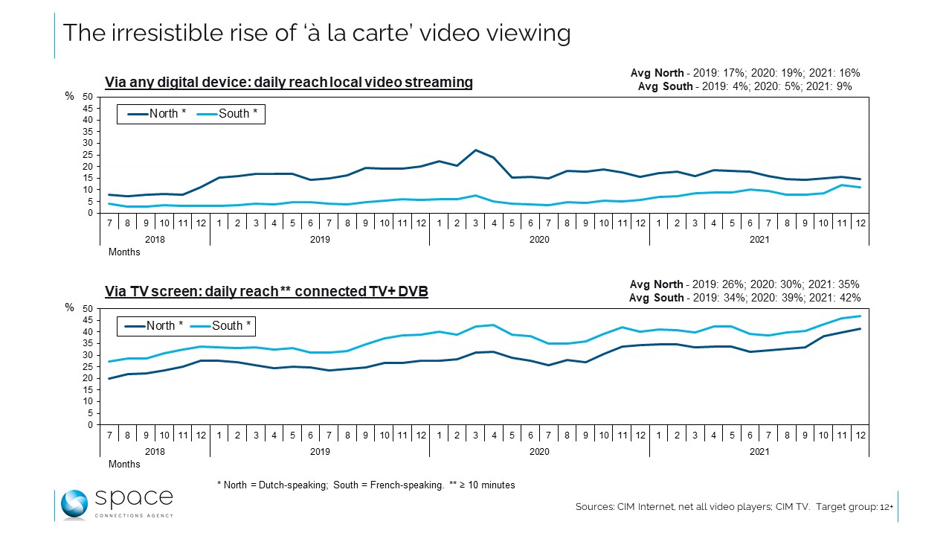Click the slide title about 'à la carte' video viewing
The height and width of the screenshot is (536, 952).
pyautogui.click(x=316, y=33)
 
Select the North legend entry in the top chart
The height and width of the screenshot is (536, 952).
pyautogui.click(x=157, y=114)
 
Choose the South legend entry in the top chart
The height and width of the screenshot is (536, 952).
pyautogui.click(x=230, y=114)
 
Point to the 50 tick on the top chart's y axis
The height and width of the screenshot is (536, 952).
pyautogui.click(x=87, y=97)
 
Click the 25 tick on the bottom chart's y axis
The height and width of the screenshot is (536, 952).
pyautogui.click(x=87, y=366)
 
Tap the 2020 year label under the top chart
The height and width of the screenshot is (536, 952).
pyautogui.click(x=538, y=239)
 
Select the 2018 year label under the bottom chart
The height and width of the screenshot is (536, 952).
pyautogui.click(x=155, y=451)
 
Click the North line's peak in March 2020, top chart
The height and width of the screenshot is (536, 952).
pyautogui.click(x=475, y=150)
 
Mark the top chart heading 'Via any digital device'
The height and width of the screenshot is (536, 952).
pyautogui.click(x=289, y=82)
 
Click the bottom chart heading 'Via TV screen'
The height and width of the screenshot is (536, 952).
pyautogui.click(x=266, y=292)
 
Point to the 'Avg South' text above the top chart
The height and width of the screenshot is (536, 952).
pyautogui.click(x=744, y=86)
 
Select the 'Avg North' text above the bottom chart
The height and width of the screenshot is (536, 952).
pyautogui.click(x=744, y=284)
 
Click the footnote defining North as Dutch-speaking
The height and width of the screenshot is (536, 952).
pyautogui.click(x=365, y=485)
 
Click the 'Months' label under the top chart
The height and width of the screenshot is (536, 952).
pyautogui.click(x=124, y=252)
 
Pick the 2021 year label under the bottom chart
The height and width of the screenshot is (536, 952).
pyautogui.click(x=759, y=451)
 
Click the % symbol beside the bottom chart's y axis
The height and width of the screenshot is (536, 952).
pyautogui.click(x=69, y=307)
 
